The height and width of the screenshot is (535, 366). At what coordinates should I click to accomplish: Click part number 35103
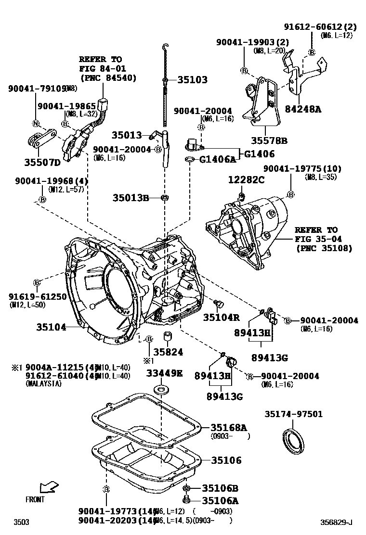click(x=192, y=80)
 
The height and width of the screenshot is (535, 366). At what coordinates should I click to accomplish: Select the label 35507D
click(x=42, y=162)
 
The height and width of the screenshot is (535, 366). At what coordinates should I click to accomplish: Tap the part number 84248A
click(x=302, y=109)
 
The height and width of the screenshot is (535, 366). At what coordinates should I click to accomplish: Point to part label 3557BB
click(x=269, y=140)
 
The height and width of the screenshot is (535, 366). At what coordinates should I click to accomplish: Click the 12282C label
click(x=246, y=179)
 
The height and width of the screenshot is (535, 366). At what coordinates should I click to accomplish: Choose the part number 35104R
click(x=221, y=317)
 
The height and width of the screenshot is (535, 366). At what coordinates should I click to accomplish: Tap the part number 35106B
click(x=220, y=488)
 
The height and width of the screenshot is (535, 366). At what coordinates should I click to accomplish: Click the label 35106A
click(x=220, y=500)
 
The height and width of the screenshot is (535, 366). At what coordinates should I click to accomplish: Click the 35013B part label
click(x=131, y=198)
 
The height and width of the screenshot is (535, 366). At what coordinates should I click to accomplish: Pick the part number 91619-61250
click(x=37, y=296)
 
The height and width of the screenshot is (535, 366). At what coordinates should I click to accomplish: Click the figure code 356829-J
click(x=337, y=522)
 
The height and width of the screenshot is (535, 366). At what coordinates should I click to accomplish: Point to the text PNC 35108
click(x=324, y=248)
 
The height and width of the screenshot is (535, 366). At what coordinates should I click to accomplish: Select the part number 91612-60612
click(x=314, y=27)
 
